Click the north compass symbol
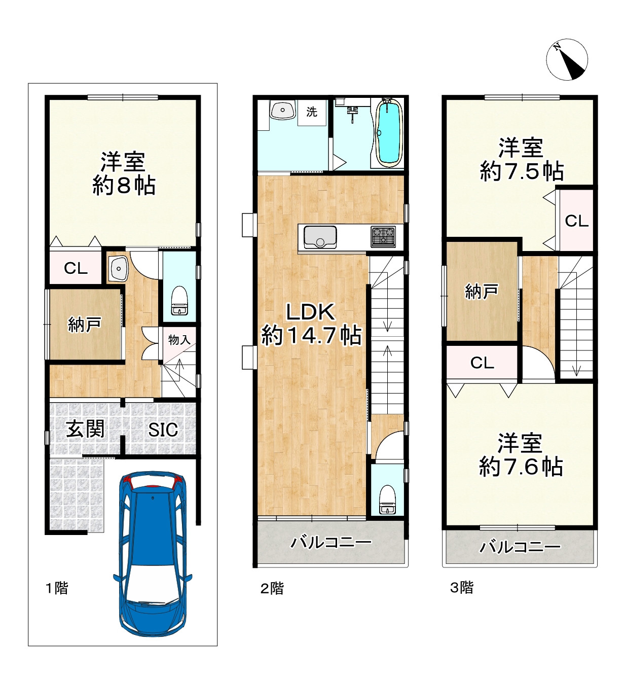pos(567,60)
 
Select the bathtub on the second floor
pos(388,133)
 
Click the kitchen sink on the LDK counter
pos(320,238)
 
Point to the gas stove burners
pos(383,237)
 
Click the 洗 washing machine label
pos(311,112)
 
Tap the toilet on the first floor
pos(179,300)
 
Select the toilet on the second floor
pos(387,499)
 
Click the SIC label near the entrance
pos(163,430)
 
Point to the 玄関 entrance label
pos(85,429)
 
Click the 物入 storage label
pos(179,340)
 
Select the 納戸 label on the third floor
pos(482,292)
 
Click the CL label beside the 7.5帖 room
pos(577,221)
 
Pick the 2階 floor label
pos(272,588)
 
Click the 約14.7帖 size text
pos(311,335)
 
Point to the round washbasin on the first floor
pos(118,268)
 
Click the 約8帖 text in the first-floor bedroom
pos(124,186)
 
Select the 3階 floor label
pos(461,587)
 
